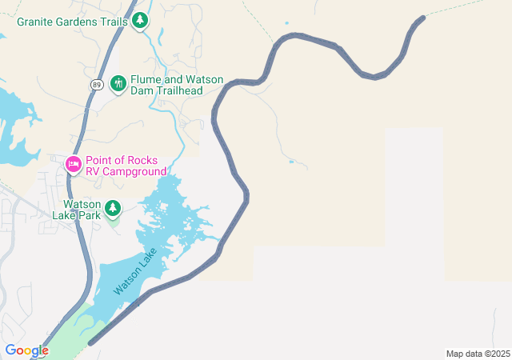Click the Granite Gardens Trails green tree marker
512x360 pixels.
click(x=140, y=20)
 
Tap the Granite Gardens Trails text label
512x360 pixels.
click(x=72, y=21)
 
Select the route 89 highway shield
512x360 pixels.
click(x=95, y=83)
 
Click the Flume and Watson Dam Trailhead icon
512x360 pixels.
click(x=118, y=83)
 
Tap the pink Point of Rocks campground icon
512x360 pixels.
click(x=73, y=164)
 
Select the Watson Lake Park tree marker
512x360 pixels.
click(x=113, y=209)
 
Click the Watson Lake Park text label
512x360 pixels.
click(x=77, y=210)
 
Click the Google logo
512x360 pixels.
click(x=26, y=350)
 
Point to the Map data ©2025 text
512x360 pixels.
click(x=478, y=354)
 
